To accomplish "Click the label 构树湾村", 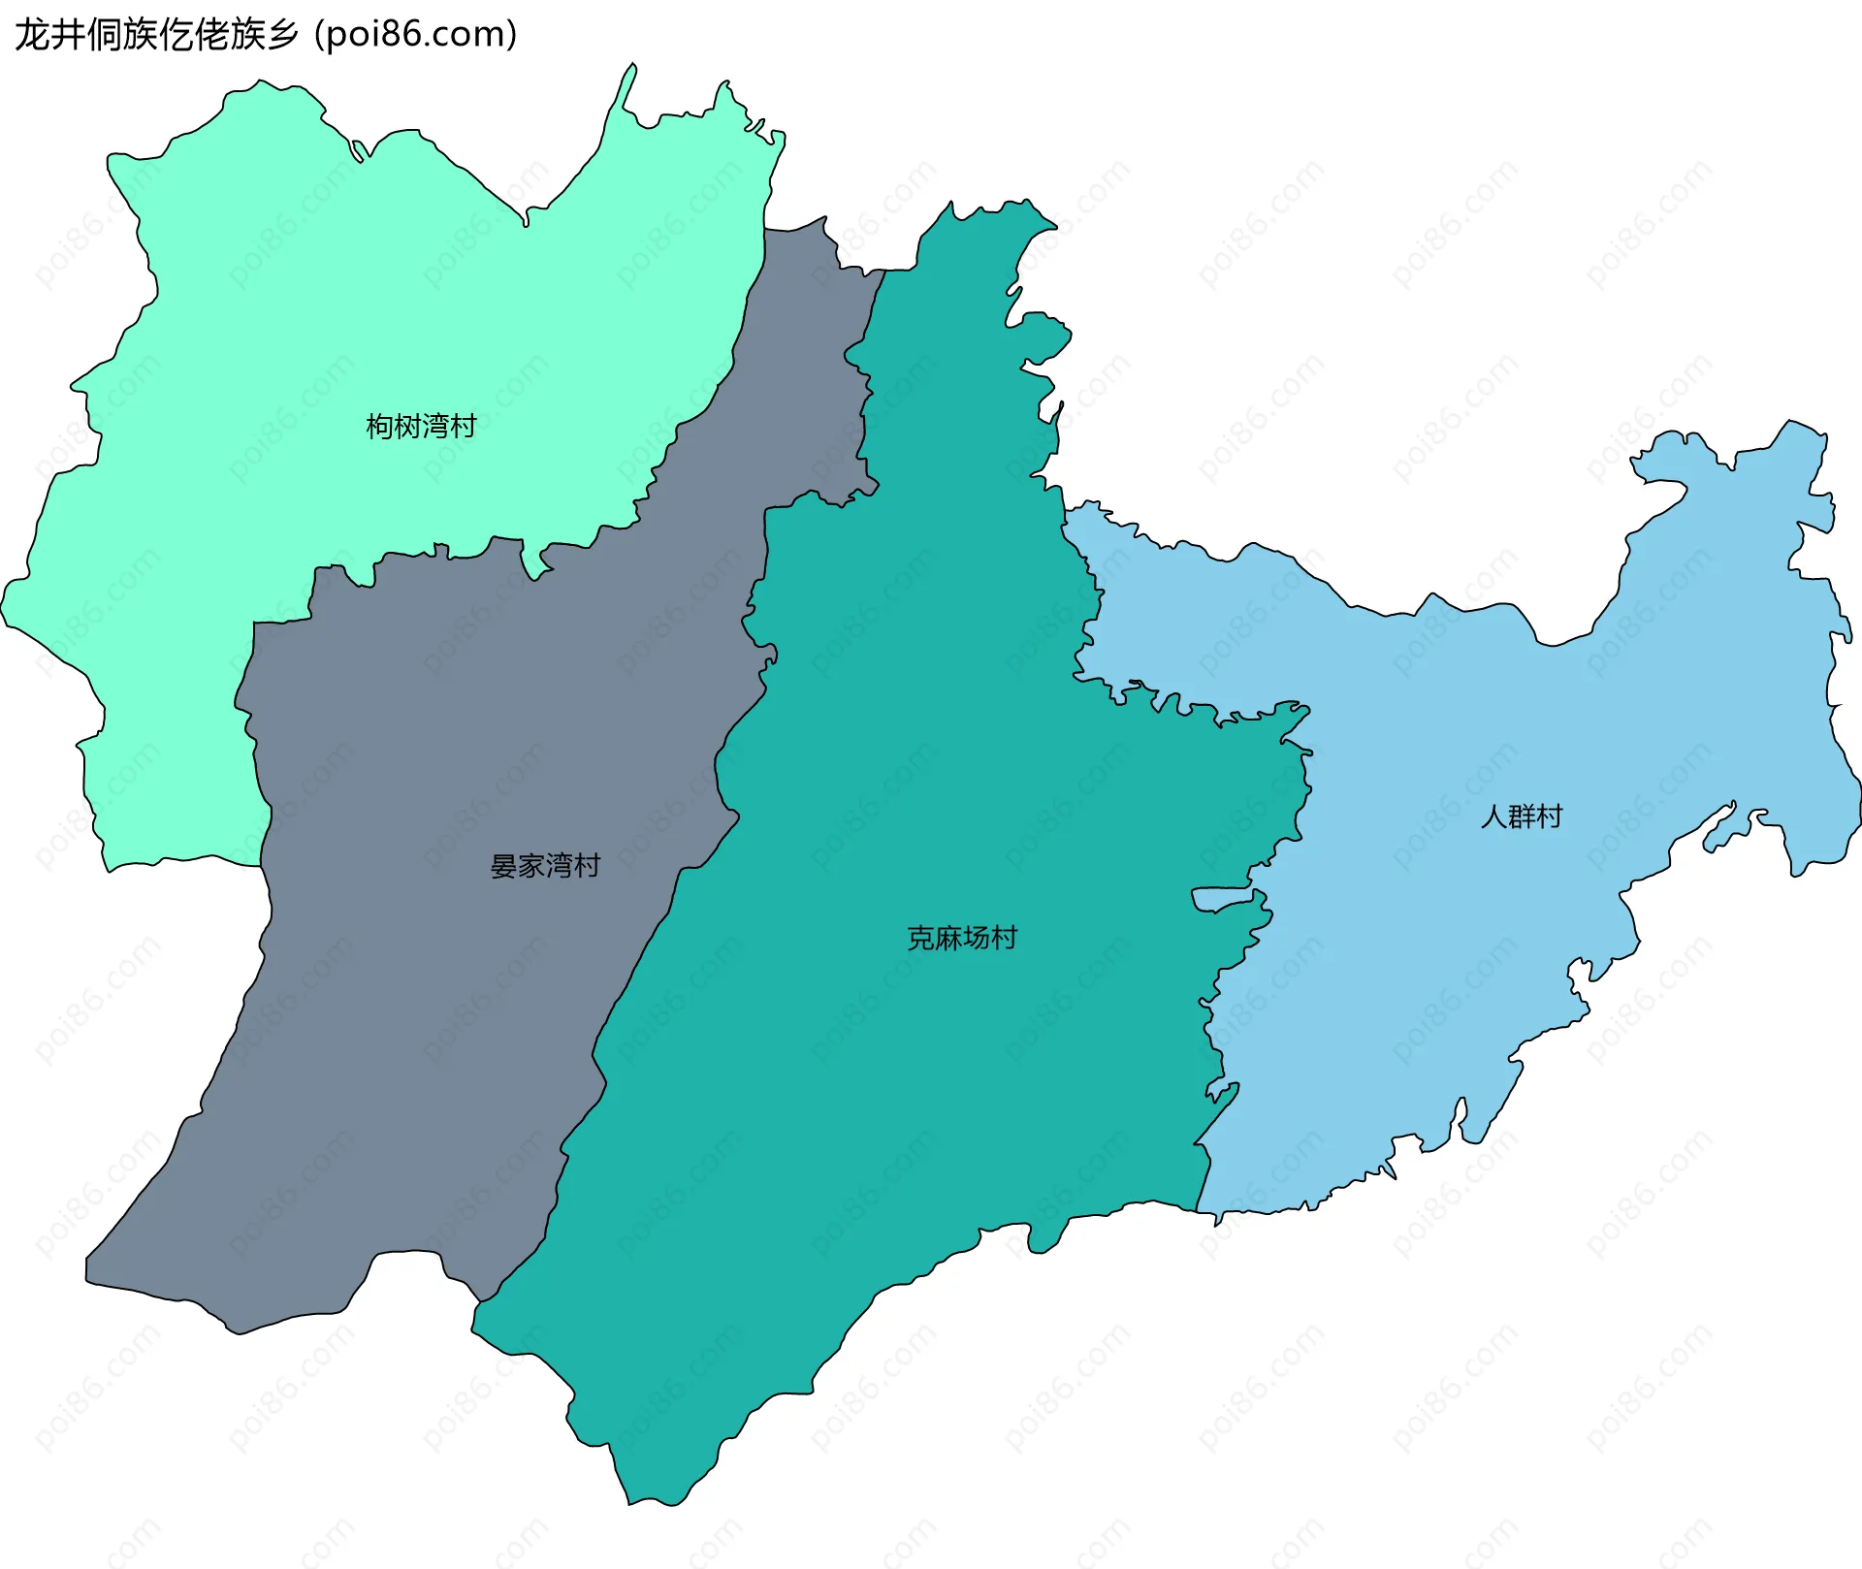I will tap(421, 426).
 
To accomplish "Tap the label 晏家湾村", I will tap(545, 865).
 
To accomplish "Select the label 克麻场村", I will tap(961, 938).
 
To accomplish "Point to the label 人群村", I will tap(1521, 817).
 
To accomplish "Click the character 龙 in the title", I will tap(32, 34).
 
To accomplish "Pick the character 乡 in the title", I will tap(282, 34).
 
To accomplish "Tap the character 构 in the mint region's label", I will tap(379, 426).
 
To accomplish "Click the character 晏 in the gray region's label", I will tap(503, 865).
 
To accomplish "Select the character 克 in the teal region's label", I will tap(919, 938).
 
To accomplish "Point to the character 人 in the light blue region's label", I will tap(1493, 817).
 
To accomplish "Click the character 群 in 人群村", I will tap(1522, 817).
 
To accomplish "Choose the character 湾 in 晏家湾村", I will tap(560, 865).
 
